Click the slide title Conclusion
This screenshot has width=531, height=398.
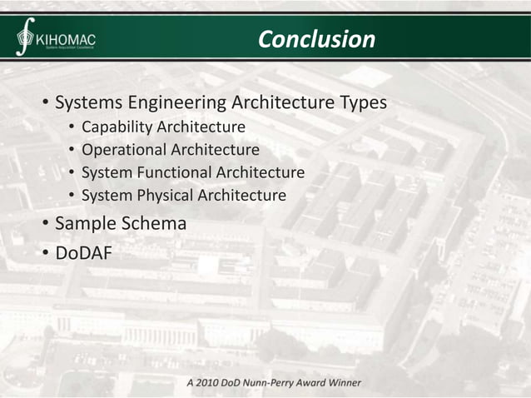[x=316, y=39]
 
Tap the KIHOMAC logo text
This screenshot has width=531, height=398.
[x=67, y=38]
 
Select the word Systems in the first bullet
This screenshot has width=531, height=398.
[x=88, y=103]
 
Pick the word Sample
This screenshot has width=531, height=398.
[x=86, y=223]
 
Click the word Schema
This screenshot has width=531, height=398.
[x=154, y=223]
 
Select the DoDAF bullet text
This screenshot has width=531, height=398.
[x=83, y=252]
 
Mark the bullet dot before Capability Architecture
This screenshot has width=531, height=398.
[x=72, y=128]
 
